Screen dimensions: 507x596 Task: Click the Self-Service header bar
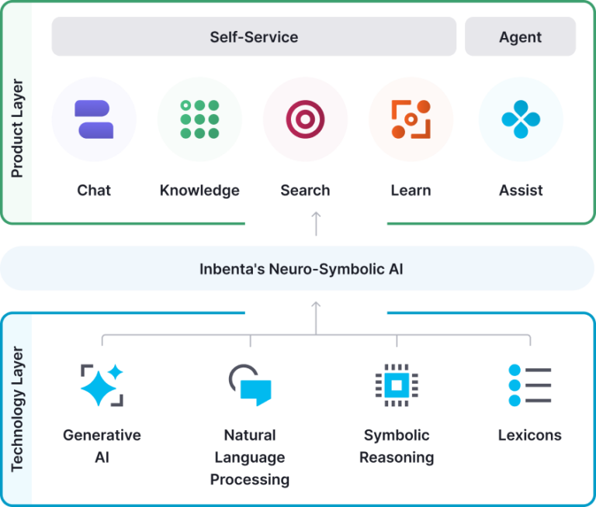pos(254,36)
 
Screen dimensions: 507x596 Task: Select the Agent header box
pos(520,36)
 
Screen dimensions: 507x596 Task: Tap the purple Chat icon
pos(94,119)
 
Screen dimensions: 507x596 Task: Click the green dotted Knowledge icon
pos(199,119)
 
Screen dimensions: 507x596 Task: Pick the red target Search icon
pos(304,119)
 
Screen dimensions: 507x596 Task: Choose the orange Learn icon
pos(411,119)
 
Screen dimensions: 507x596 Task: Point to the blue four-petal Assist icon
pos(520,119)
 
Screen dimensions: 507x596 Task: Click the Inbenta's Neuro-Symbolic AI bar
pos(301,270)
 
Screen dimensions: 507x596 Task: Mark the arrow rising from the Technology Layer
pos(316,312)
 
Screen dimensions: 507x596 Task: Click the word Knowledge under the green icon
pos(199,190)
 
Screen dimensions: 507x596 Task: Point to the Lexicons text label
pos(529,435)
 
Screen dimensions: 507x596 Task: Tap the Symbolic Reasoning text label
pos(397,446)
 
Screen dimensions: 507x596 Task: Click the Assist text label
pos(520,190)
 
